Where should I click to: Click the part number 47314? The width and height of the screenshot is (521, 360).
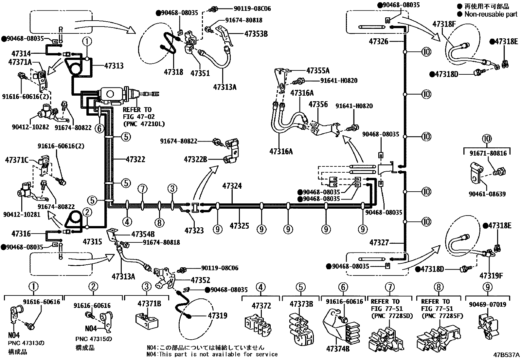(x=21, y=53)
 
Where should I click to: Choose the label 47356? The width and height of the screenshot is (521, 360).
(x=318, y=104)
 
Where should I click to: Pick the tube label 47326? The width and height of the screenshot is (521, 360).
(x=379, y=41)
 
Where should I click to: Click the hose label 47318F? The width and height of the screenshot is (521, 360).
(x=444, y=24)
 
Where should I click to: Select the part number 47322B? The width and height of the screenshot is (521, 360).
(x=195, y=160)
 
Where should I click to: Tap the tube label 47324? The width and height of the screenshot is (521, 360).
(x=232, y=186)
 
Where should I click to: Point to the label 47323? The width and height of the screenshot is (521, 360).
(x=194, y=230)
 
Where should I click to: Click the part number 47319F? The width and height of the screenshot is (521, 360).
(x=491, y=275)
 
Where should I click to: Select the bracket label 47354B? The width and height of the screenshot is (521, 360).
(x=143, y=234)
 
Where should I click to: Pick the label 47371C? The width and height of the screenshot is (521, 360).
(x=17, y=160)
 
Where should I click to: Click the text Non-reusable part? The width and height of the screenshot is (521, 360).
(x=491, y=14)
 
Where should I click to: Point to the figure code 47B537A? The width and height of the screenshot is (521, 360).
(x=506, y=355)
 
